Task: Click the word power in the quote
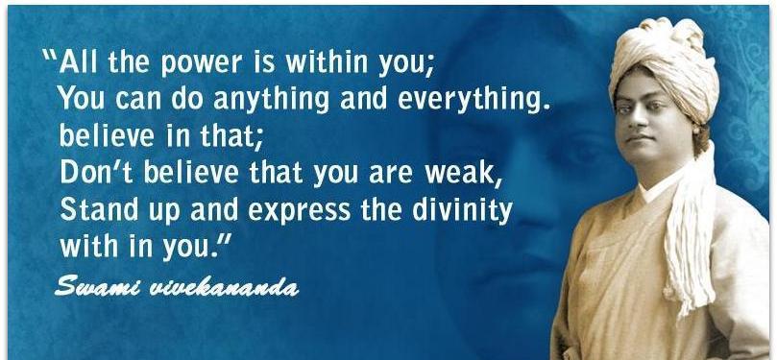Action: coord(203,64)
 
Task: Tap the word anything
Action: coord(272,100)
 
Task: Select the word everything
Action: coord(474,100)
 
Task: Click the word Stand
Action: coord(99,210)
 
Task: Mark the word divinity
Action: coord(462,211)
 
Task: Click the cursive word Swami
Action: coord(98,286)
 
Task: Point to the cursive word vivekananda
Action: coord(225,287)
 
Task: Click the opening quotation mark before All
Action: coord(50,54)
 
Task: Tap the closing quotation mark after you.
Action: coord(225,238)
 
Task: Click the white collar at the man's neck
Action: coord(655,185)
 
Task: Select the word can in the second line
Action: coord(137,100)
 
